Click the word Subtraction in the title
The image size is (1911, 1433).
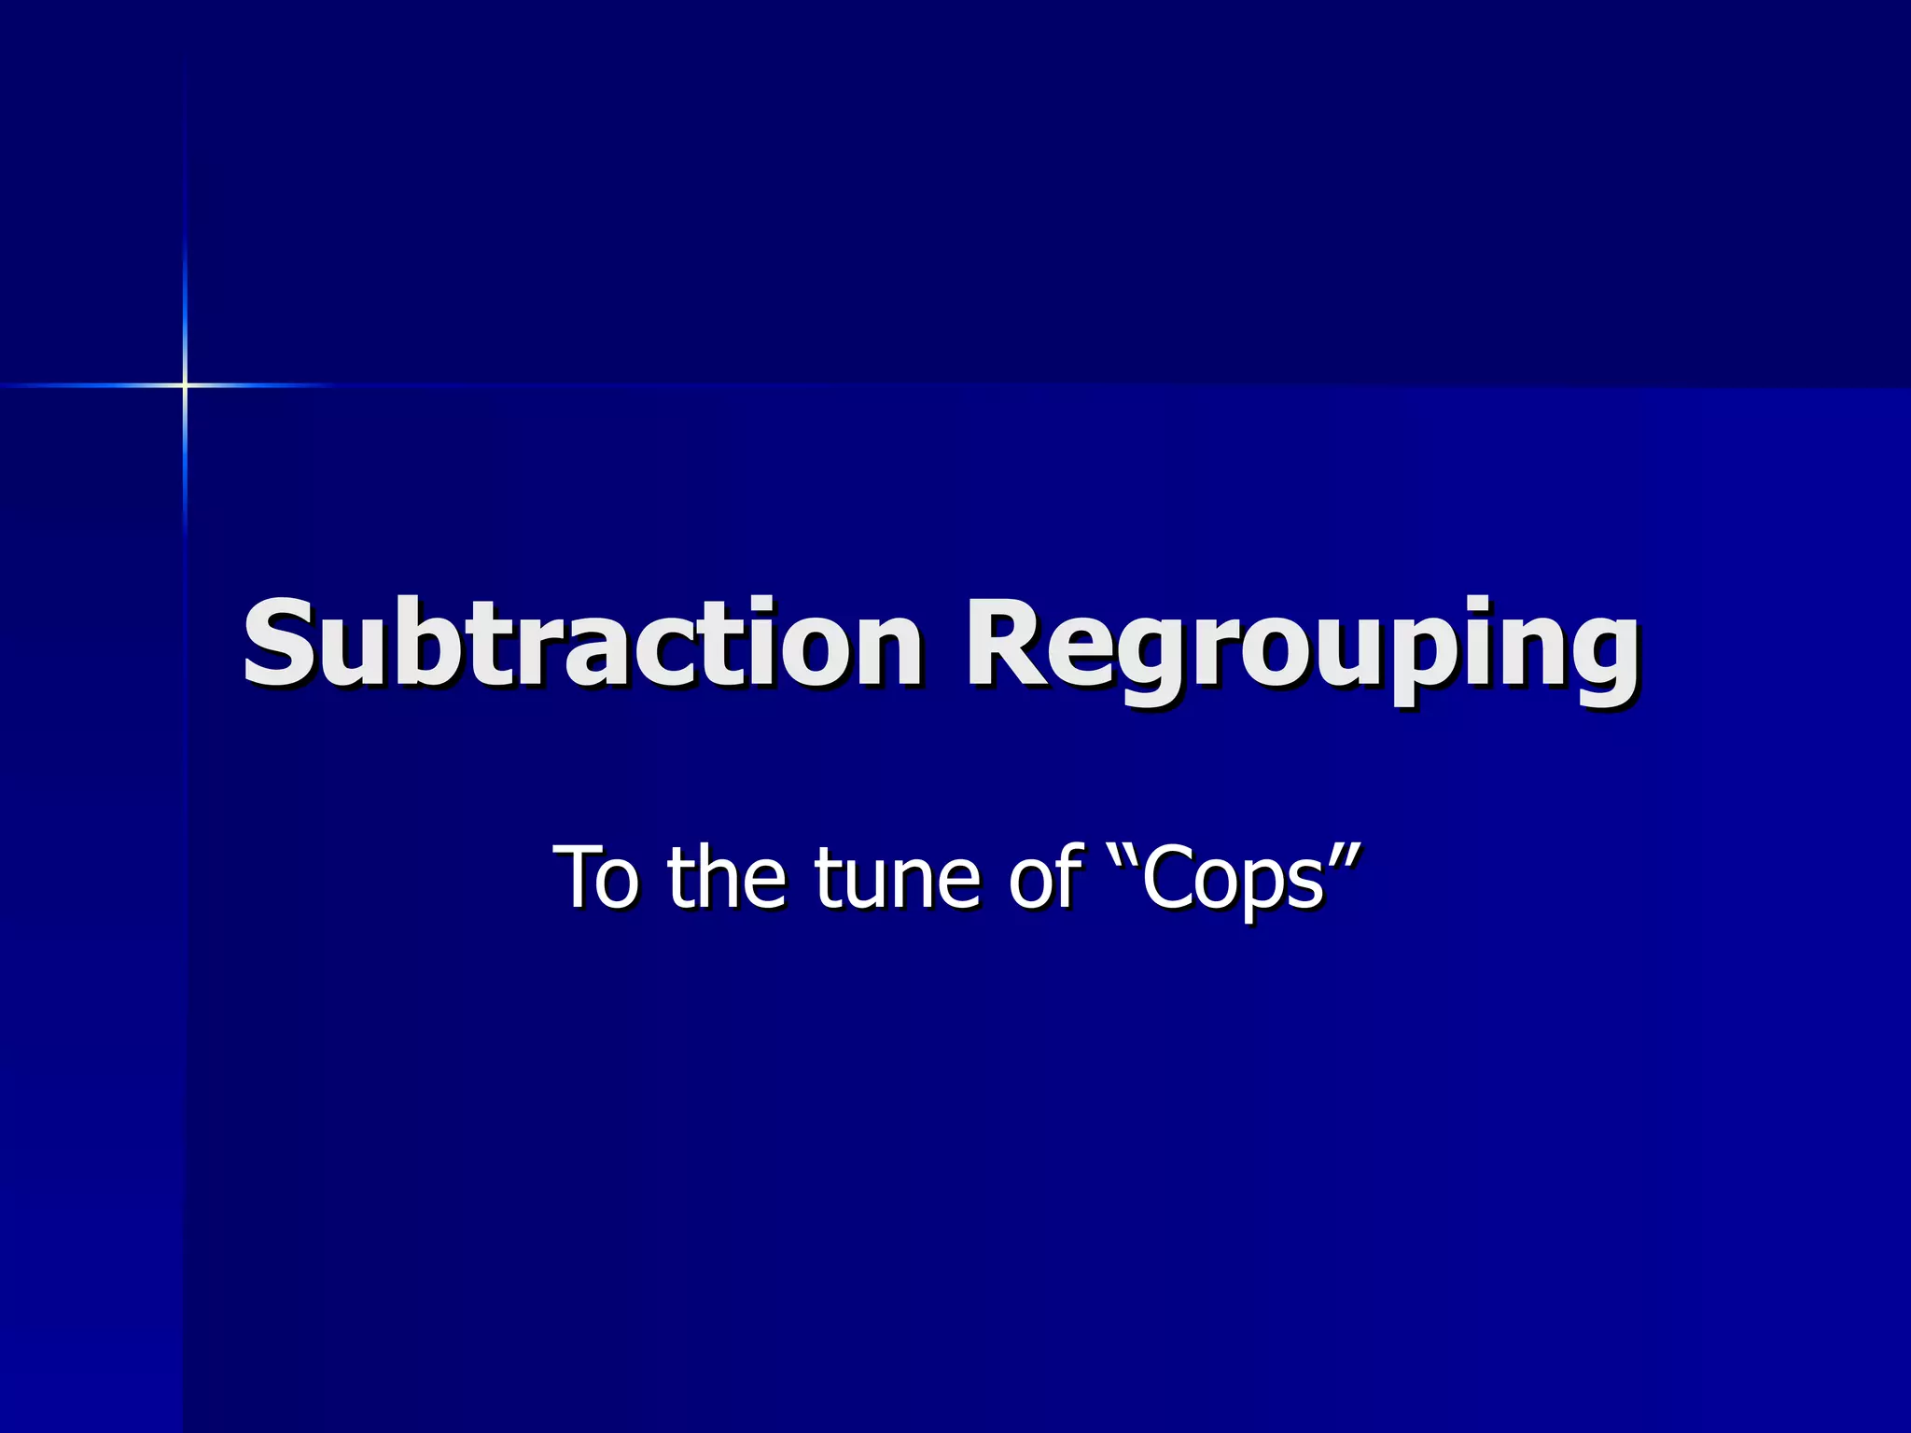pyautogui.click(x=583, y=644)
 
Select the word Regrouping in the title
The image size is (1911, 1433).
pyautogui.click(x=1302, y=648)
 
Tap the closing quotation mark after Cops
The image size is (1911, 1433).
pyautogui.click(x=1345, y=854)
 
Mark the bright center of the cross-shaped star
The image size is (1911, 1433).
pyautogui.click(x=185, y=384)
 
